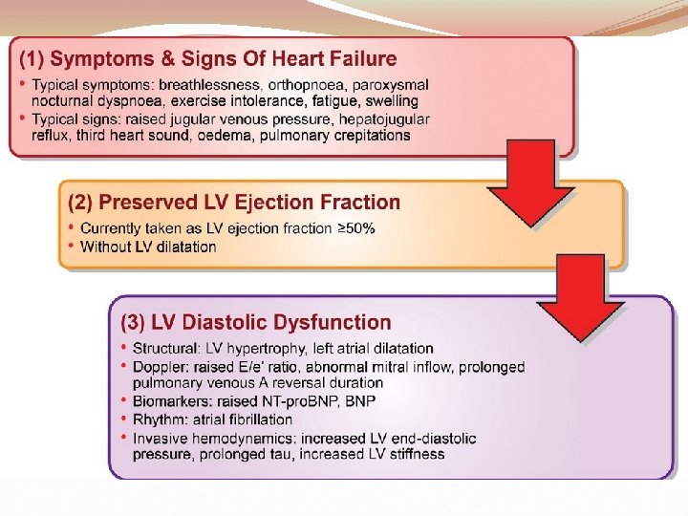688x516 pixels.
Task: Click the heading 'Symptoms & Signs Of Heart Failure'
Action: click(224, 59)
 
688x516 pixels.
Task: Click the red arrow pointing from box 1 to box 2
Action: click(531, 186)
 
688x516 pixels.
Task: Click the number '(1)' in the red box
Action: click(32, 59)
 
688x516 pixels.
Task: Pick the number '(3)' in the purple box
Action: click(133, 323)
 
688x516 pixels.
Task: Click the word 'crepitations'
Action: click(369, 135)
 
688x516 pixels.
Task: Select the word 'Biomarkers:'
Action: click(173, 401)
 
